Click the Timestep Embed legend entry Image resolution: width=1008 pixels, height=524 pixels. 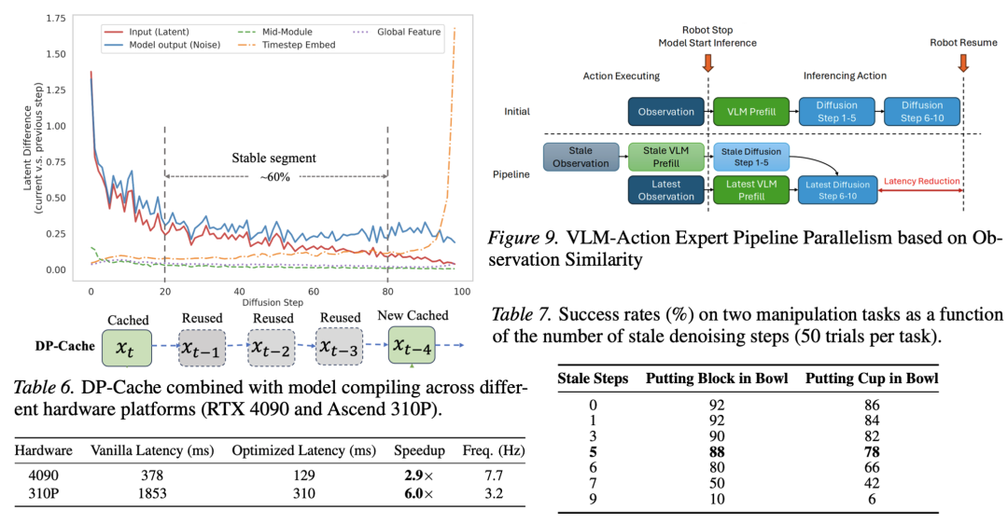click(287, 45)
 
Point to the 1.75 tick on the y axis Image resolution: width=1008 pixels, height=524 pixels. click(56, 18)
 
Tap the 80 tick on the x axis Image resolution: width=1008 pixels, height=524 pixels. click(387, 292)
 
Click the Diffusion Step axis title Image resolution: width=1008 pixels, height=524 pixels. click(273, 302)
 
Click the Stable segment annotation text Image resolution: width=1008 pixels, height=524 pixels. click(273, 158)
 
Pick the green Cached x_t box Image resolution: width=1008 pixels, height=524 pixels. click(127, 348)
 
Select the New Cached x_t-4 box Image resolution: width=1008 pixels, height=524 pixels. click(413, 345)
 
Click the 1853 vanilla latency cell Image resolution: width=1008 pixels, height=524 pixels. click(152, 493)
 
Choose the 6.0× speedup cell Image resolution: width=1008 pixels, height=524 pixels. click(419, 493)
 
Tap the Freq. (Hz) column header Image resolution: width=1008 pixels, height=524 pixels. click(494, 450)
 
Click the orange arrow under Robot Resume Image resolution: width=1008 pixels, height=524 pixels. click(963, 62)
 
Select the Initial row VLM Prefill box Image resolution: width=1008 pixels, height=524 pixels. click(751, 112)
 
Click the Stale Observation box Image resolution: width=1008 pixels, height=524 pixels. click(581, 158)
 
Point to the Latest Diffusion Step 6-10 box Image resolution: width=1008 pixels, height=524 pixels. click(837, 190)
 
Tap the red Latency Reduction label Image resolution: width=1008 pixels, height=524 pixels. click(921, 181)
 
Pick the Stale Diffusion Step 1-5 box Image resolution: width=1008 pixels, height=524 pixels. click(750, 158)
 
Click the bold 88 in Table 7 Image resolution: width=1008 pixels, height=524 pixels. click(717, 452)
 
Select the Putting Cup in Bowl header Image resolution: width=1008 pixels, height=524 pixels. click(872, 379)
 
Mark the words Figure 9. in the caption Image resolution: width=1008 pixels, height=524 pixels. click(523, 238)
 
